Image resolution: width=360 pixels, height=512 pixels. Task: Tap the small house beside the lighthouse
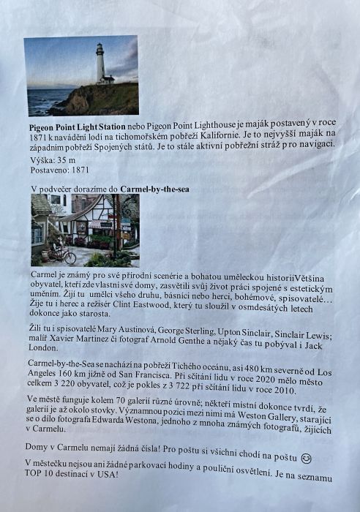108,78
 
